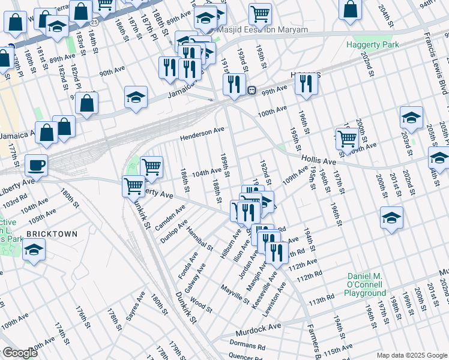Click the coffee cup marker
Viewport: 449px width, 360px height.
pyautogui.click(x=36, y=165)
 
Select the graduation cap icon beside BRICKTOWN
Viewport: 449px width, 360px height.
pyautogui.click(x=34, y=249)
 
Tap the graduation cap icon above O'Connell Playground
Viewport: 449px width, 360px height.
pyautogui.click(x=391, y=218)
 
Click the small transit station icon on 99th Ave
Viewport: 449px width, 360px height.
pyautogui.click(x=252, y=91)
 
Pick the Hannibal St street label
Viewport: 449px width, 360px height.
pyautogui.click(x=200, y=238)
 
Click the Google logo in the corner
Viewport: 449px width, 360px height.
pyautogui.click(x=19, y=353)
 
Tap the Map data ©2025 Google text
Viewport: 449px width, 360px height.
pyautogui.click(x=412, y=355)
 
